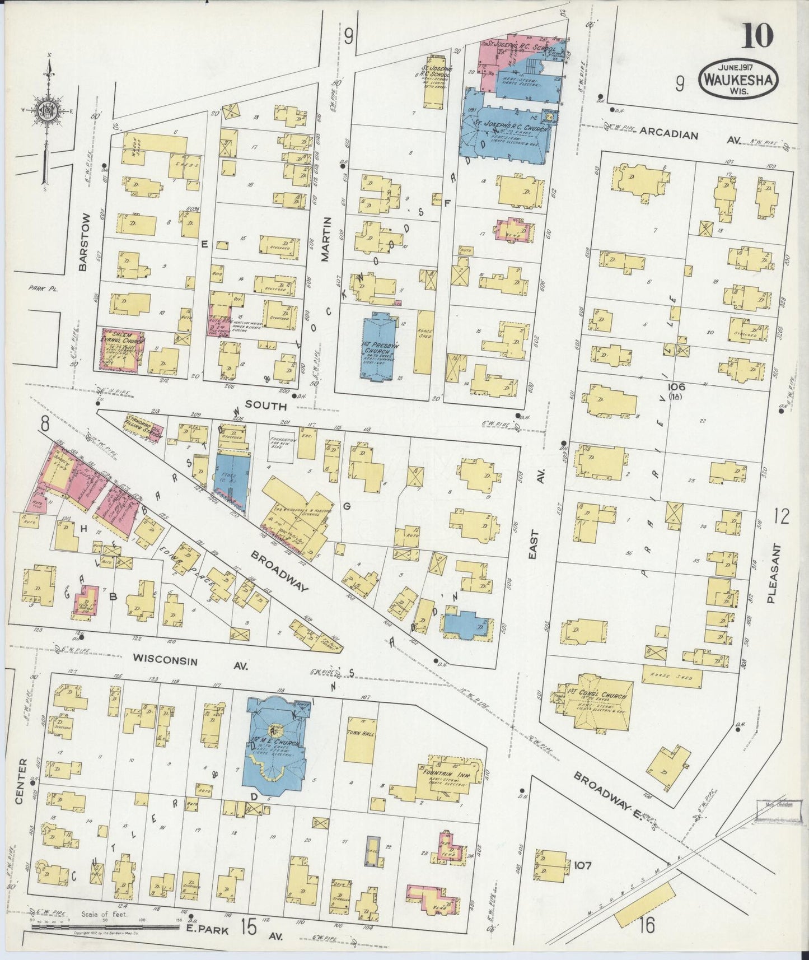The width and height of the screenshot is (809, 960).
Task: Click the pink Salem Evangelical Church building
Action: tap(120, 348)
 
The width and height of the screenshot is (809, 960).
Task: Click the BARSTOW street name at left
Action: tap(85, 241)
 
